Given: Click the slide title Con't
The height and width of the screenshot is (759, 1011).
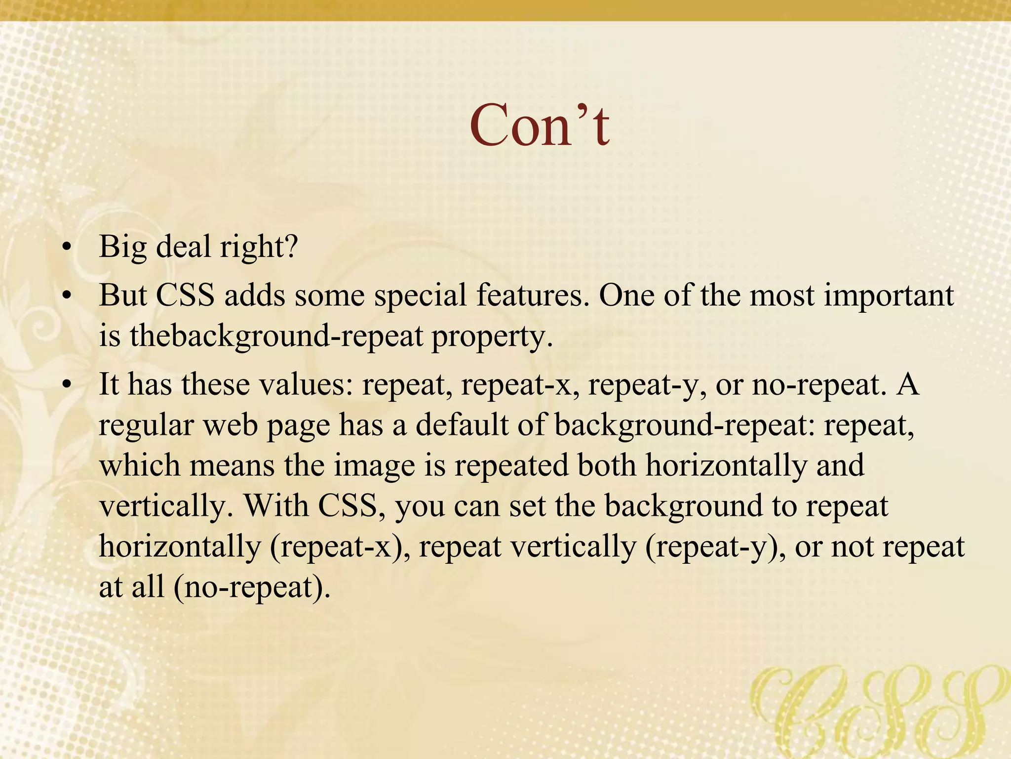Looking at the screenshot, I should click(x=540, y=126).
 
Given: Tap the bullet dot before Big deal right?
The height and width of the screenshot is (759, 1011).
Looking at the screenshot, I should click(x=67, y=247).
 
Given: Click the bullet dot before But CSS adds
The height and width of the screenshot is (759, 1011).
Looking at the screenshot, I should click(x=67, y=296).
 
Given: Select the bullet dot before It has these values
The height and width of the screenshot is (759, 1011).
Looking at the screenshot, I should click(x=67, y=385).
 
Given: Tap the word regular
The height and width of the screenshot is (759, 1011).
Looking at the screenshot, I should click(x=146, y=426).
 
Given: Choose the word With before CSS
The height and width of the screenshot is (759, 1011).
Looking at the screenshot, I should click(x=276, y=506).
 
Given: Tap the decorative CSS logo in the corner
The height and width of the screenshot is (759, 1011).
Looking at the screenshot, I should click(x=879, y=709).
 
